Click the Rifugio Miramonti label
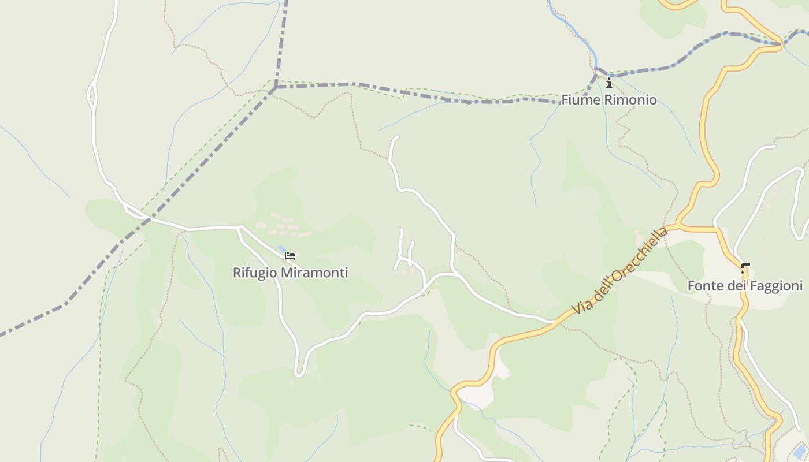pos(290,273)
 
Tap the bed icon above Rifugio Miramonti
pos(290,255)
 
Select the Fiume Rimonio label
pos(609,100)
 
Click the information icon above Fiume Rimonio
pos(608,83)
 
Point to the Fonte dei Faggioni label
pos(745,286)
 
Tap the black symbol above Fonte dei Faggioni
pos(745,268)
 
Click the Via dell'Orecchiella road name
pos(620,270)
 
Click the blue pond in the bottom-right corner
pos(800,451)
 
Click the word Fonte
pos(702,286)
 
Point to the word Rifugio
pos(253,273)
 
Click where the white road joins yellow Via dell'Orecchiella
pos(554,322)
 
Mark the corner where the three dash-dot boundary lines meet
pos(276,86)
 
